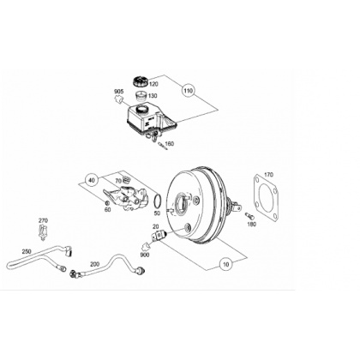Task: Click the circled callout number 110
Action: pyautogui.click(x=188, y=91)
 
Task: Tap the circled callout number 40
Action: pyautogui.click(x=92, y=180)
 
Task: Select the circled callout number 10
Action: pyautogui.click(x=226, y=264)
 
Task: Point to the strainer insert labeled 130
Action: pyautogui.click(x=141, y=96)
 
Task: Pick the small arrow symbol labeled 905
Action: pyautogui.click(x=118, y=99)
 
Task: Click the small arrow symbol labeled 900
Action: pyautogui.click(x=146, y=245)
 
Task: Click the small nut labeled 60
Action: pyautogui.click(x=107, y=203)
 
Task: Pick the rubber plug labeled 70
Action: pyautogui.click(x=126, y=180)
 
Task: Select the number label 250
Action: pyautogui.click(x=27, y=251)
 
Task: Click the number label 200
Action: pyautogui.click(x=95, y=264)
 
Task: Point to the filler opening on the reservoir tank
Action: pyautogui.click(x=141, y=109)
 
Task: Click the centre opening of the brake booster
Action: pyautogui.click(x=181, y=204)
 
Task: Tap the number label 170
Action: pyautogui.click(x=268, y=175)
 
